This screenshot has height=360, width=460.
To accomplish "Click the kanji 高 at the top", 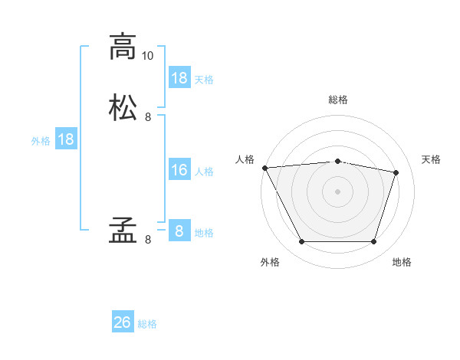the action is coord(123,47).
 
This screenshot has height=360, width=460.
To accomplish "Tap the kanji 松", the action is coord(123,107).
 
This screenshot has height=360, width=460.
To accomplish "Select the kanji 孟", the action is coord(123,230).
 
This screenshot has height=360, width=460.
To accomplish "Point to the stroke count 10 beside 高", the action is coord(147,56).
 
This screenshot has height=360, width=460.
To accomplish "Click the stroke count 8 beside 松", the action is coord(148,117).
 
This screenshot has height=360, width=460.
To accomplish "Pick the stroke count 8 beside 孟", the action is coord(148,240).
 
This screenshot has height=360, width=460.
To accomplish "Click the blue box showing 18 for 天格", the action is coord(180,77).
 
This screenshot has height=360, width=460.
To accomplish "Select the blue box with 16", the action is coord(180,169).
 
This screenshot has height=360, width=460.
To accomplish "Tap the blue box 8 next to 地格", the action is coord(180,230).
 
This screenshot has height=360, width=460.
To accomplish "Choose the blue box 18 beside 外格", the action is coord(66,139).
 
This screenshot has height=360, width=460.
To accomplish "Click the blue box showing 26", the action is coord(123,321).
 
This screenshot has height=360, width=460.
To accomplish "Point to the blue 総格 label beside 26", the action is coord(147,324).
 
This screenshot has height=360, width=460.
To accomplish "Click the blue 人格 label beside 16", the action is coord(204,172).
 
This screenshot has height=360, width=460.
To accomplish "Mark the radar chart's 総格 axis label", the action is coord(338,100).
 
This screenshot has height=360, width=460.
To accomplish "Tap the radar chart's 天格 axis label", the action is coord(431,159).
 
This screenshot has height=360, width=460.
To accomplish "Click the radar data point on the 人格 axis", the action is coord(265,168).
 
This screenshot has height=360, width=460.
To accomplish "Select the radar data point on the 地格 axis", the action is coord(373,241).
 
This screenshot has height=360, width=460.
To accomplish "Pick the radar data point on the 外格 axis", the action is coord(302,241).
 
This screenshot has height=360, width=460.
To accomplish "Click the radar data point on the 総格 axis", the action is coord(337,162).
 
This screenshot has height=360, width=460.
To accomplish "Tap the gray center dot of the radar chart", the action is coord(337,191).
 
